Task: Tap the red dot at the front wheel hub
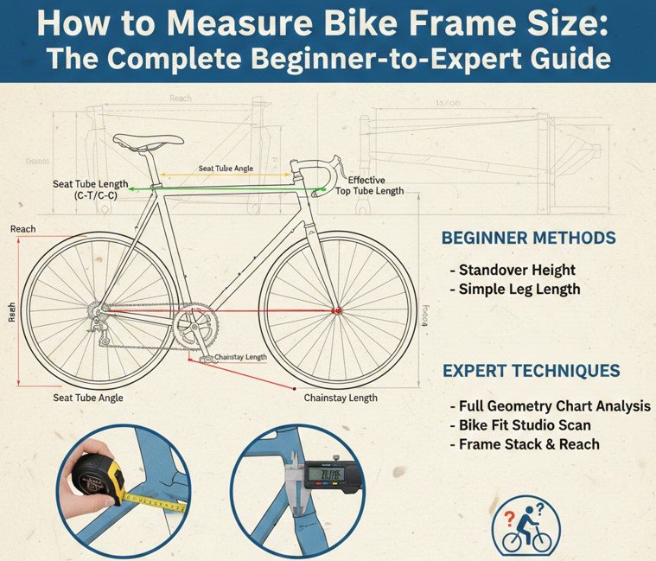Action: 336,310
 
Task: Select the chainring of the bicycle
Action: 195,327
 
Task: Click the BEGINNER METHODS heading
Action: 528,238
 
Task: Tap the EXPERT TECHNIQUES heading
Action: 531,371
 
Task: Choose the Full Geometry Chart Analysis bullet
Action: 550,405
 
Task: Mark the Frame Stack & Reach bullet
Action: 525,444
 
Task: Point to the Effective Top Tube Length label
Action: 370,185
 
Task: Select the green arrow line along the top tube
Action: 229,187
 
